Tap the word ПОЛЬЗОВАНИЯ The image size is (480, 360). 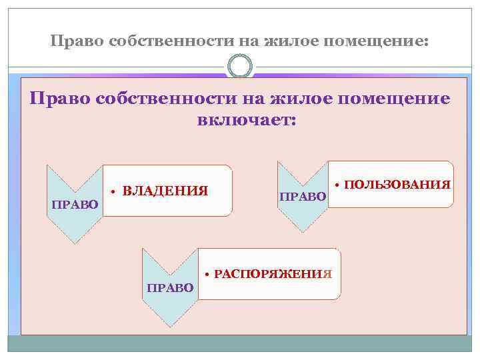(x=399, y=183)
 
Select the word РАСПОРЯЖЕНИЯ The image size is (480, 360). (x=273, y=275)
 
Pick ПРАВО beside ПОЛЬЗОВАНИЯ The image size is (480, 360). (x=302, y=197)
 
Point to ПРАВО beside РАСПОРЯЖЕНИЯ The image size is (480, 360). (x=169, y=287)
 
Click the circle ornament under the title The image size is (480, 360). (x=240, y=67)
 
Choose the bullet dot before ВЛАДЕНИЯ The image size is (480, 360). (x=115, y=193)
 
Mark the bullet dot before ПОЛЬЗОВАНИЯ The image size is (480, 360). (x=338, y=184)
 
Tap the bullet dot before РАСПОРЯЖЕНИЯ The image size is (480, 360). (x=208, y=275)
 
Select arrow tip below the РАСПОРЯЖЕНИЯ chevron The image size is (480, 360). (x=170, y=325)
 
